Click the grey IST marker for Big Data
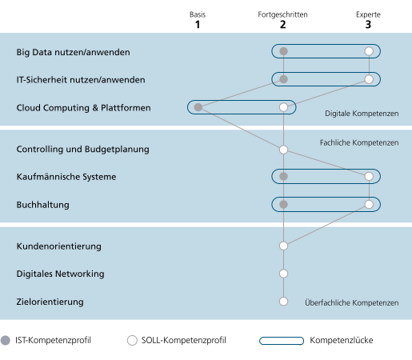point(283,51)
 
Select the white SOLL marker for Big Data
point(369,51)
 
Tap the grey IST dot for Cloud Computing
point(198,107)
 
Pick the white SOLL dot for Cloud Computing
point(283,107)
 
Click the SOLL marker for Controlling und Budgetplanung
point(283,150)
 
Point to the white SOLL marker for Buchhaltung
point(369,204)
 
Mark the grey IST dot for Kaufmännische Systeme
point(283,176)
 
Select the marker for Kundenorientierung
point(283,246)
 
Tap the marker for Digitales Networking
point(283,274)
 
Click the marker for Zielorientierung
point(283,302)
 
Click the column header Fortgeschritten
point(282,14)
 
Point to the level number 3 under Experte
point(368,25)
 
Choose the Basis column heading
point(198,14)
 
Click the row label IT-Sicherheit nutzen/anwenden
point(81,80)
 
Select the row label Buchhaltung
point(43,205)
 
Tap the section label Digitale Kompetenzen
point(362,114)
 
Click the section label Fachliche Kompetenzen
point(359,142)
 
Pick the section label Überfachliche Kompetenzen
point(352,302)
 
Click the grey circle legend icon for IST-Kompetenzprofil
point(6,341)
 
